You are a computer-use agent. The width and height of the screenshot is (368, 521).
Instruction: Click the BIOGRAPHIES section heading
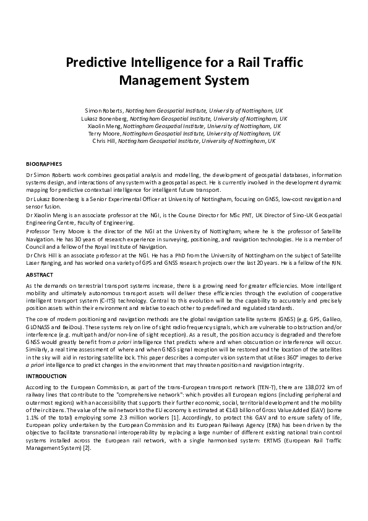44,164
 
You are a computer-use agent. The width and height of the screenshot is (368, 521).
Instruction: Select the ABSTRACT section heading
40,274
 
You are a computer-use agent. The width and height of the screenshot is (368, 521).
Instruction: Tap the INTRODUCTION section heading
46,376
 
